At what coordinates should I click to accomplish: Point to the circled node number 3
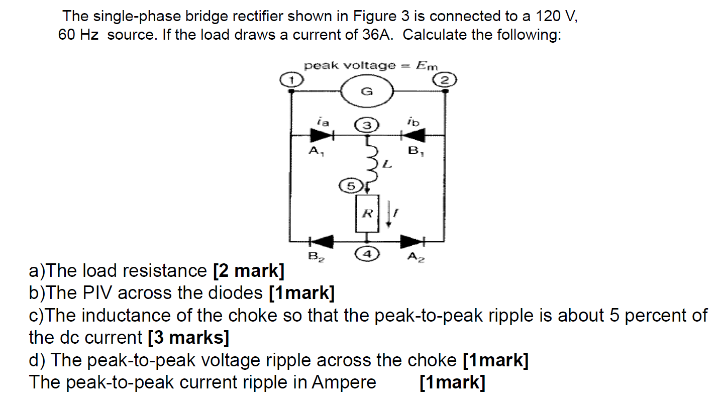[368, 125]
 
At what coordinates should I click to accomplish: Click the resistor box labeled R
[368, 214]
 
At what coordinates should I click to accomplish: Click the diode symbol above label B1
[414, 135]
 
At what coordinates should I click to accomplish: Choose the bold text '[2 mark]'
[248, 271]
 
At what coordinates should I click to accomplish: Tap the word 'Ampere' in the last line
[344, 382]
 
